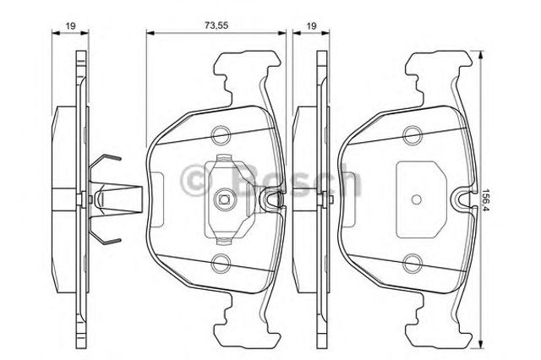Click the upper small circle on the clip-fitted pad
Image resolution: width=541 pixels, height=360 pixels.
(x=222, y=133)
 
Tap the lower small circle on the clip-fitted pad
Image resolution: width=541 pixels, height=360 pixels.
(x=222, y=263)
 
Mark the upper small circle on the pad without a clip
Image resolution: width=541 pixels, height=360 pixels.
(x=413, y=133)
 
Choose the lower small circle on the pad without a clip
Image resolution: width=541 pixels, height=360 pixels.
(x=413, y=263)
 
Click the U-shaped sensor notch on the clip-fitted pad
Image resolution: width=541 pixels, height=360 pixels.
(x=272, y=201)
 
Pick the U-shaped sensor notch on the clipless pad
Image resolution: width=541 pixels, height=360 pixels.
(x=462, y=201)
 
